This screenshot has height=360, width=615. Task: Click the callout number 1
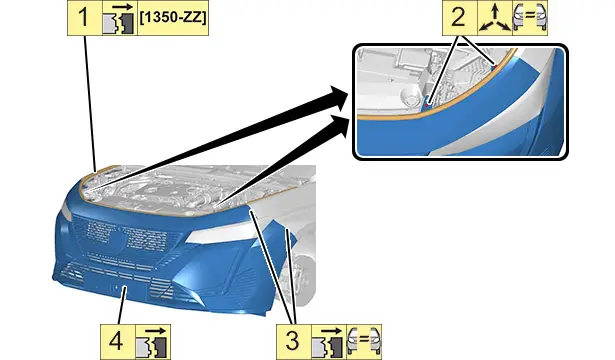click(84, 18)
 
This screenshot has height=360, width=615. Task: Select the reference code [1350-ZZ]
click(173, 18)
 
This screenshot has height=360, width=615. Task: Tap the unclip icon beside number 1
click(120, 18)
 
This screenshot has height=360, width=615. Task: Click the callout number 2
click(459, 18)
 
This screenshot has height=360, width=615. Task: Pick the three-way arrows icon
click(495, 18)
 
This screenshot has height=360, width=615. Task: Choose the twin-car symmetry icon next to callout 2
click(530, 18)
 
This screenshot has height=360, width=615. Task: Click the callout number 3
click(293, 342)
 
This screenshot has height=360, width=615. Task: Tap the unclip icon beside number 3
click(328, 342)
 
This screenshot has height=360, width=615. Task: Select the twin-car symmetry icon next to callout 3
click(364, 342)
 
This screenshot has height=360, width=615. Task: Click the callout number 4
click(117, 342)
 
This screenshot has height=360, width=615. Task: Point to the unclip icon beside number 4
click(153, 342)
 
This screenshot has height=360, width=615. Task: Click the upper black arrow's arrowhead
click(337, 97)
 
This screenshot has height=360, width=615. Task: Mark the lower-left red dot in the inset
click(428, 104)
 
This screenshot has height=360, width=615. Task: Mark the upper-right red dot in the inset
click(495, 66)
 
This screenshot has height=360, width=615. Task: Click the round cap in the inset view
click(410, 96)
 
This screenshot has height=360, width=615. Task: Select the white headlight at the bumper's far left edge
click(67, 212)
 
